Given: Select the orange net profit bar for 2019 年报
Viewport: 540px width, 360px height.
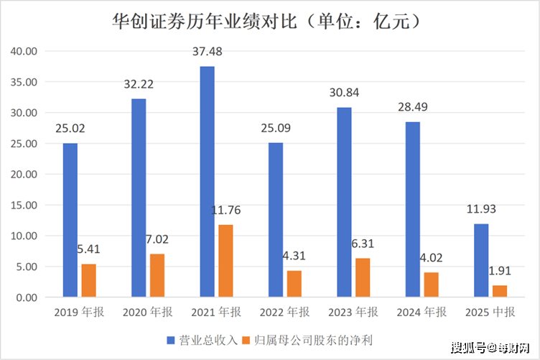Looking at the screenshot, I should (x=88, y=280).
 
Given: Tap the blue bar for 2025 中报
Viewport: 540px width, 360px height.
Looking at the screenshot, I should (x=481, y=260).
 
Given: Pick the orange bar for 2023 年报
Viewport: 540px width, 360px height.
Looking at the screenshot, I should (x=363, y=277).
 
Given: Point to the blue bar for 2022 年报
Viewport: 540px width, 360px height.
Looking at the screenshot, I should (x=276, y=220).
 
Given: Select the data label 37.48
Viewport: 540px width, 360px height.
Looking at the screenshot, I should (x=207, y=52).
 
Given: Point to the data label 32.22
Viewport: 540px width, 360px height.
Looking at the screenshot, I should (x=139, y=85).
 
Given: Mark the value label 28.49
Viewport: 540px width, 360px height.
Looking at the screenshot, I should (x=412, y=108).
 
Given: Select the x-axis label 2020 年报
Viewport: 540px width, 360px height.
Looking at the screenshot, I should (x=147, y=312).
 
